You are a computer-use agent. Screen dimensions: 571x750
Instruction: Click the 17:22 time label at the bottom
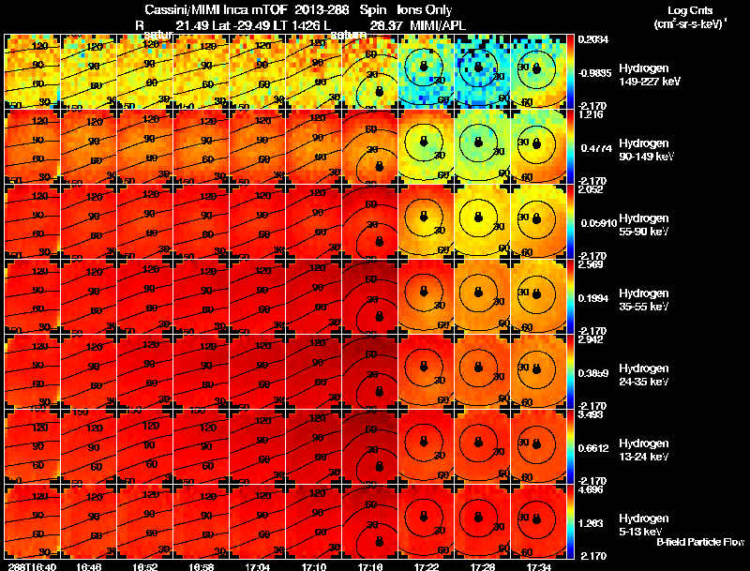click(x=426, y=566)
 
